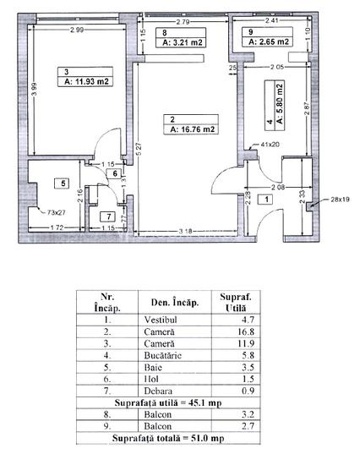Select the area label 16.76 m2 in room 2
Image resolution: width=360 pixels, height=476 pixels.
(192, 130)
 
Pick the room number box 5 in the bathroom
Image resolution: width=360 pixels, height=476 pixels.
(62, 182)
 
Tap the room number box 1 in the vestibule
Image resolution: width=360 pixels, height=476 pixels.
(267, 200)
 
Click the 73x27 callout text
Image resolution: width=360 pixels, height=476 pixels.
(57, 213)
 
